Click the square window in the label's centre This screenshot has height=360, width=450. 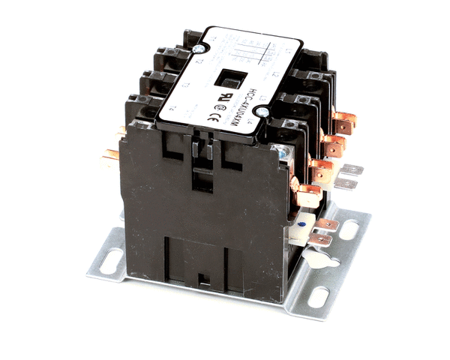[225, 78]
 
